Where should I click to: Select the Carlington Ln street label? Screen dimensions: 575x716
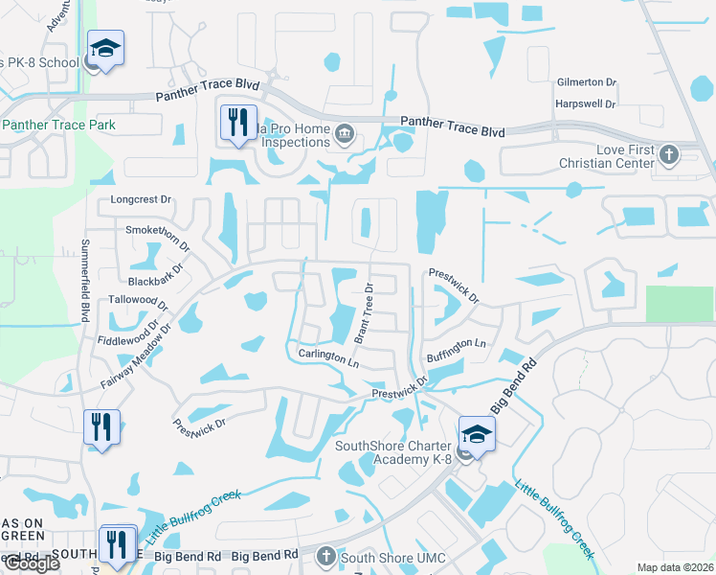pyautogui.click(x=328, y=357)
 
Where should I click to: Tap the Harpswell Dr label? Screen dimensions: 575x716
pyautogui.click(x=583, y=103)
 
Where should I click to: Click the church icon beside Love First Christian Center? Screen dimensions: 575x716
pyautogui.click(x=668, y=153)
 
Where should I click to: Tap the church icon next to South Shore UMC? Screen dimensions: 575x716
pyautogui.click(x=325, y=556)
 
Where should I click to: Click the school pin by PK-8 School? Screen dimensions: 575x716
pyautogui.click(x=105, y=48)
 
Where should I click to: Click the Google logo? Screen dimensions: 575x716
pyautogui.click(x=32, y=563)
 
